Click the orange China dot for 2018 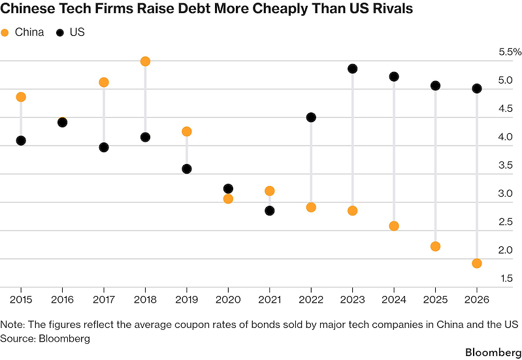145,61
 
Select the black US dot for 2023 352,69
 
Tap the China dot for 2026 477,263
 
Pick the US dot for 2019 187,169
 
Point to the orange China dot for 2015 21,97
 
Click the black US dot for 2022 311,117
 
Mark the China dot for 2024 394,226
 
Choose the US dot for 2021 270,211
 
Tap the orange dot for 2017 104,82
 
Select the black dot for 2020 228,189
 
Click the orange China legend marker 5,33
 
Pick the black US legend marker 60,33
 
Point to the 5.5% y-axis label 510,52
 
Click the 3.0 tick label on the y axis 506,193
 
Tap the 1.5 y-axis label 506,278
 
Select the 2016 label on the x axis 62,299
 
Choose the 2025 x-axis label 435,299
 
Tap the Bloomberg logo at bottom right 493,352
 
